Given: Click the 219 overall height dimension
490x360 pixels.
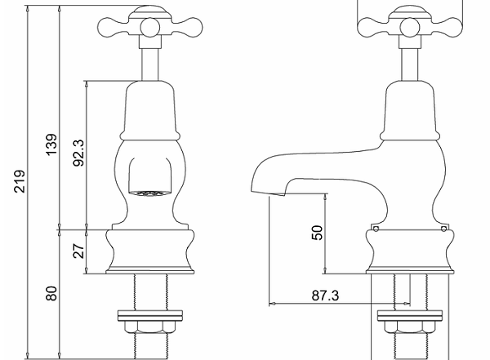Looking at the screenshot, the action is pyautogui.click(x=20, y=181).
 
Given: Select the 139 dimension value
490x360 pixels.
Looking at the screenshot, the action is pyautogui.click(x=51, y=144).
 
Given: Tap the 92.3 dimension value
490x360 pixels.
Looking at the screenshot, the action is pyautogui.click(x=78, y=153).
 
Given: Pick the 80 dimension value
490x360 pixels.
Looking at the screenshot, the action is pyautogui.click(x=51, y=293).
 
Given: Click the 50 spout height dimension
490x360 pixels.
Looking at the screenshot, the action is pyautogui.click(x=317, y=233).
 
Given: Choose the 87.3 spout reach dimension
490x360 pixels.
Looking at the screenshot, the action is pyautogui.click(x=325, y=296).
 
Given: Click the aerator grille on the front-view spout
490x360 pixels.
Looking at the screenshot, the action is pyautogui.click(x=150, y=194).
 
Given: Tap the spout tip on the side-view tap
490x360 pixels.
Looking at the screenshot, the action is pyautogui.click(x=269, y=193).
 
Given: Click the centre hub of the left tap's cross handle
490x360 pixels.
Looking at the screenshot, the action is pyautogui.click(x=150, y=28).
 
